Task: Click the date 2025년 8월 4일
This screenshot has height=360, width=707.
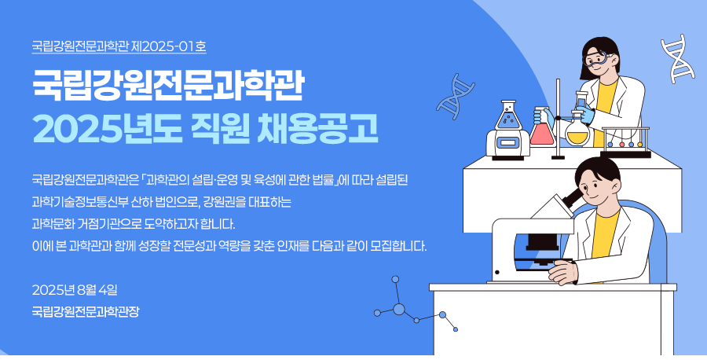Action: click(x=75, y=290)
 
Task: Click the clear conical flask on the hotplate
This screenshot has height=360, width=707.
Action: click(x=508, y=116)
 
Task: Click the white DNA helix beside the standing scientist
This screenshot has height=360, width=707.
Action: click(x=677, y=58)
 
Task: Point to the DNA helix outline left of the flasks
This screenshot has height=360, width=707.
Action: click(x=456, y=96)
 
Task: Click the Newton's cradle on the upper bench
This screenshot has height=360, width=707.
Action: click(x=625, y=142)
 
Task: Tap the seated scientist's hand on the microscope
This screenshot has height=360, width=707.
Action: click(x=563, y=273)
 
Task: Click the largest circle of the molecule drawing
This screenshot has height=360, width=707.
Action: click(x=398, y=309)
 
